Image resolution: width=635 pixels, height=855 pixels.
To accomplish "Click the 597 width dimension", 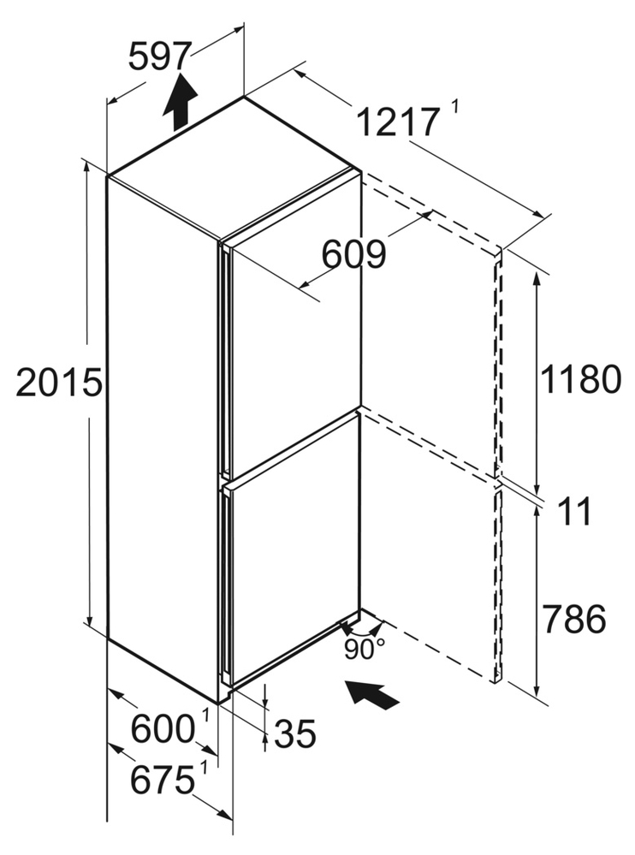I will point(158,56).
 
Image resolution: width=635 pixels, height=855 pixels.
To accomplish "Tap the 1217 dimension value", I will point(397,125).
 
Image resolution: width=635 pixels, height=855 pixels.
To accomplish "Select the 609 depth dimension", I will point(353,254).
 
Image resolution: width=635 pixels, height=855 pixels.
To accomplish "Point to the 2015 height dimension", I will point(58,383).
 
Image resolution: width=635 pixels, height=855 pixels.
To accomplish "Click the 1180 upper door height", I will point(579,379).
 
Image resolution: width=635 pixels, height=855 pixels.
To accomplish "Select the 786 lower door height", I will point(573,617).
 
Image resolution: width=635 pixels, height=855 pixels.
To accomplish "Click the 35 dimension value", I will point(295,733).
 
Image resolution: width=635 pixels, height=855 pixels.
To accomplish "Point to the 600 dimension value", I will point(163,729).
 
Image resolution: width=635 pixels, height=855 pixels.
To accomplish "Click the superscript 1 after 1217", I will point(454,107).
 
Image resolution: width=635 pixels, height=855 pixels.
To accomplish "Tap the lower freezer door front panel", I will point(291,565).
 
